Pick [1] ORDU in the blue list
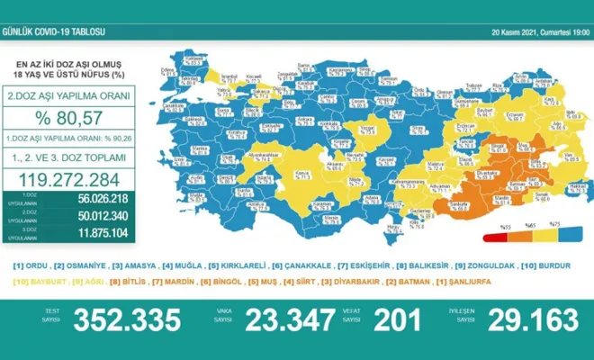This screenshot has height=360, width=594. (x=28, y=265)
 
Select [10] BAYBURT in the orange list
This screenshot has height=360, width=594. (x=32, y=283)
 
